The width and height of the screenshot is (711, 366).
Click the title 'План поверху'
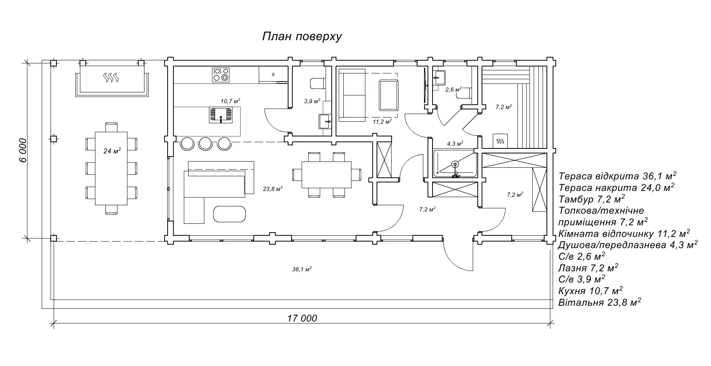tap(302, 37)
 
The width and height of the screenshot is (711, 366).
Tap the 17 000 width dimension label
tap(302, 318)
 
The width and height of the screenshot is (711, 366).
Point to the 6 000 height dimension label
tap(23, 150)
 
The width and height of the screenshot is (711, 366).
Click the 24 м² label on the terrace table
tap(112, 151)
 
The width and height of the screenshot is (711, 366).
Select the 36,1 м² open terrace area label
tap(302, 269)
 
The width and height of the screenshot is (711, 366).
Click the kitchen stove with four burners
tap(221, 75)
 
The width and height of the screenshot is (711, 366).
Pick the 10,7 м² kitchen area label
tap(230, 101)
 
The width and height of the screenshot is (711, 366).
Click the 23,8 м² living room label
tap(273, 189)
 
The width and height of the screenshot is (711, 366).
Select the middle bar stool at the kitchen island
tap(205, 143)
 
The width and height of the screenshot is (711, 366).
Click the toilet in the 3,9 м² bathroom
tap(316, 83)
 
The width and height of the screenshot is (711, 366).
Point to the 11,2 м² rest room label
tap(382, 121)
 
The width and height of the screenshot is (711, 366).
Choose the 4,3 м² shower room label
tap(455, 144)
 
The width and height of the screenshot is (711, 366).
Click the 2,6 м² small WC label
tap(453, 89)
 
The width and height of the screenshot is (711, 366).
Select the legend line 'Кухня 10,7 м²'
tap(590, 291)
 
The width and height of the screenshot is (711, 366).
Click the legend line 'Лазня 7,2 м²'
tap(588, 268)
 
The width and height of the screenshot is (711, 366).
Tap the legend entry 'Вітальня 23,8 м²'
tap(599, 302)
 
